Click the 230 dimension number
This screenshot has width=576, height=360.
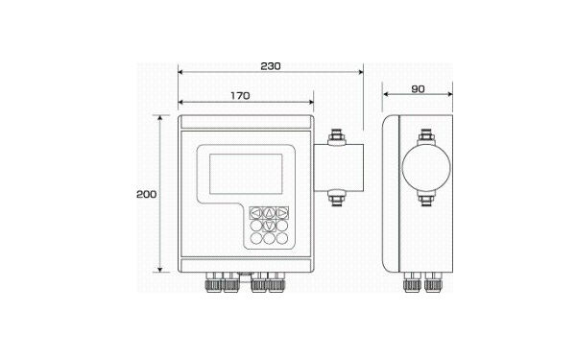coord(271,66)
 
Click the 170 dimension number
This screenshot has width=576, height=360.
coord(240,96)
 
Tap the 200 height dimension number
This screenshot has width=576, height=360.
coord(146,194)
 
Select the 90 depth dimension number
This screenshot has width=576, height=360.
coord(418,89)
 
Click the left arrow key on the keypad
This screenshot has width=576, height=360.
coord(256,213)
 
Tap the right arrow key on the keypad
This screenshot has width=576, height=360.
coord(282,213)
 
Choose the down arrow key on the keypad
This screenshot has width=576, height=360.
coord(269,226)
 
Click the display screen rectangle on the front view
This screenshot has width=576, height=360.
coord(246,174)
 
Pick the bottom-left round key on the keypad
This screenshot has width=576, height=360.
coord(256,238)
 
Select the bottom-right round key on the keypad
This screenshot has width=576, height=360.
coord(282,238)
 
